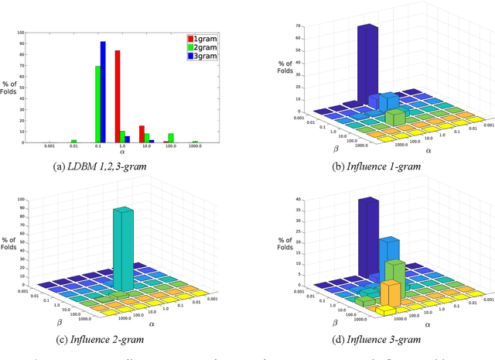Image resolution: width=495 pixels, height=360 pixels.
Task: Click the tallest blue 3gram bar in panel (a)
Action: [x=103, y=93]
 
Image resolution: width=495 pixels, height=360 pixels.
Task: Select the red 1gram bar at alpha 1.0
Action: [x=118, y=97]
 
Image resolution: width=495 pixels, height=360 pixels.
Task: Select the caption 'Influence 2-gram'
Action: [x=121, y=339]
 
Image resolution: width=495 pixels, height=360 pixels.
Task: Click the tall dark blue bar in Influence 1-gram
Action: [x=367, y=66]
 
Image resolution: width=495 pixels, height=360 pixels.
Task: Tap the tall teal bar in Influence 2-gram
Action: [x=124, y=248]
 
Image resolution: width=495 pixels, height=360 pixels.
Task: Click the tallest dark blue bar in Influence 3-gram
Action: [x=368, y=236]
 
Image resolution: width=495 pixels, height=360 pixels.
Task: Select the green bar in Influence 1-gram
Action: [x=394, y=117]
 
